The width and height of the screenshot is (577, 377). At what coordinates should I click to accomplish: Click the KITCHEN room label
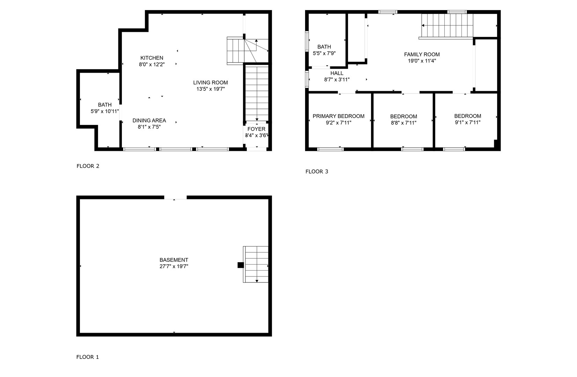tap(151, 58)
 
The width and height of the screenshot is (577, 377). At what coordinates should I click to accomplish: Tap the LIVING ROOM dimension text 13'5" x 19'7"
tap(210, 89)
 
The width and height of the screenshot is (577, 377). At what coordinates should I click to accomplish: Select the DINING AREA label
tap(149, 121)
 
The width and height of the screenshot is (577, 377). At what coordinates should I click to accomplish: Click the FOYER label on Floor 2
tap(256, 129)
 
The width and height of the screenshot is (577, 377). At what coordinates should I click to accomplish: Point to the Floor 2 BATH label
tap(105, 105)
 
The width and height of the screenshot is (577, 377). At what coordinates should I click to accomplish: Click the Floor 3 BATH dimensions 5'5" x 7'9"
tap(324, 53)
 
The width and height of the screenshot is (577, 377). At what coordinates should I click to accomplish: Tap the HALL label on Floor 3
tap(337, 73)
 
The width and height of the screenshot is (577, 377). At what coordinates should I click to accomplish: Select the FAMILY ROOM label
tap(422, 54)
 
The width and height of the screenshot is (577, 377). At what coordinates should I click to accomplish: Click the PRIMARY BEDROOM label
tap(338, 116)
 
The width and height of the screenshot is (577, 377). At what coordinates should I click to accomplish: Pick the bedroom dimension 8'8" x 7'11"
tap(404, 123)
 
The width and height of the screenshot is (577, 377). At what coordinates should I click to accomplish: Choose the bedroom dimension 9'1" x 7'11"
tap(467, 123)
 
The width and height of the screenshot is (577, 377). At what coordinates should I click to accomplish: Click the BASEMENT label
tap(174, 260)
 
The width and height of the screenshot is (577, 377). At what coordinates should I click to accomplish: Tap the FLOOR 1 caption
tap(88, 357)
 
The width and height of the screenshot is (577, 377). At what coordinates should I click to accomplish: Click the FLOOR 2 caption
tap(88, 166)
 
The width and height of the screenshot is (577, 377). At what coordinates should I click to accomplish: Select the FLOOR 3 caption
tap(317, 171)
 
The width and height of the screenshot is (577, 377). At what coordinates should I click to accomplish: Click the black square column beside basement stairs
tap(241, 265)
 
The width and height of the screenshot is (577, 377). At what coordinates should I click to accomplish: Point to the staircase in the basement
tap(256, 264)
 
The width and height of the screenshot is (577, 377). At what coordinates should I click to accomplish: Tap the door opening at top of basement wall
tap(175, 198)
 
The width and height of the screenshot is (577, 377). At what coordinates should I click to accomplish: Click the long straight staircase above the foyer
tap(257, 93)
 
